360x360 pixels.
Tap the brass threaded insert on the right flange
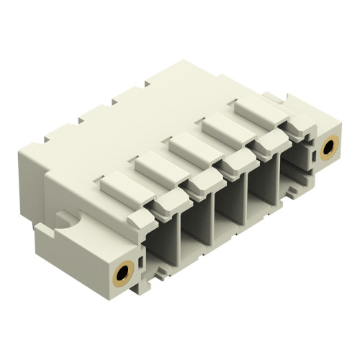(x=329, y=147)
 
